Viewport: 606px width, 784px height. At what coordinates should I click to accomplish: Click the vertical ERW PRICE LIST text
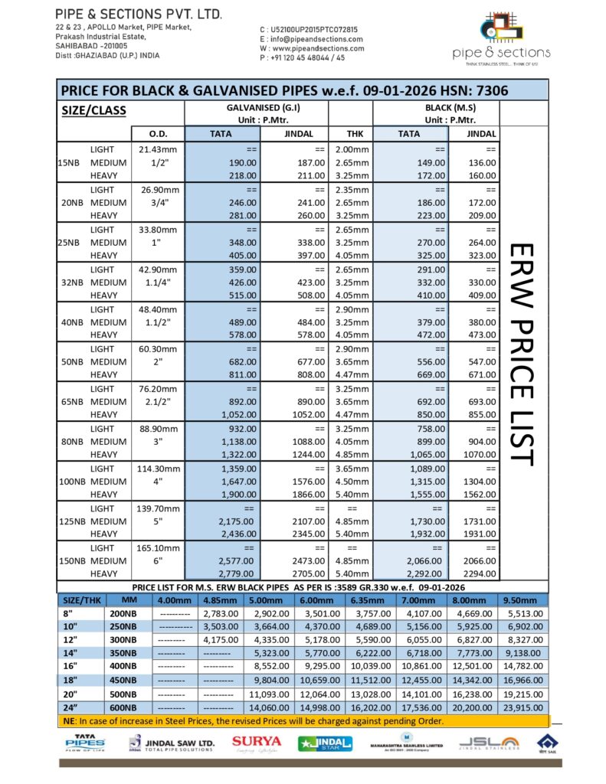[520, 353]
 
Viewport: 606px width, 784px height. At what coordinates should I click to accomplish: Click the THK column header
[350, 134]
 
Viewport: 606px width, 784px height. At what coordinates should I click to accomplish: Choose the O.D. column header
[158, 134]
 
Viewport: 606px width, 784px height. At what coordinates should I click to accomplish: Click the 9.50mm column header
[522, 599]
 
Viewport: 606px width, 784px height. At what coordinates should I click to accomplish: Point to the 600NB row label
[123, 707]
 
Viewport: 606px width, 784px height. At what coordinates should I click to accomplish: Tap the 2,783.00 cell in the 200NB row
[219, 614]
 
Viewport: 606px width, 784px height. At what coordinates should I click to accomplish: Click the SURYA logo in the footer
[257, 742]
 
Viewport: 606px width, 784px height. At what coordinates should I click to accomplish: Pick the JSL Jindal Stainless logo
[487, 743]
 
